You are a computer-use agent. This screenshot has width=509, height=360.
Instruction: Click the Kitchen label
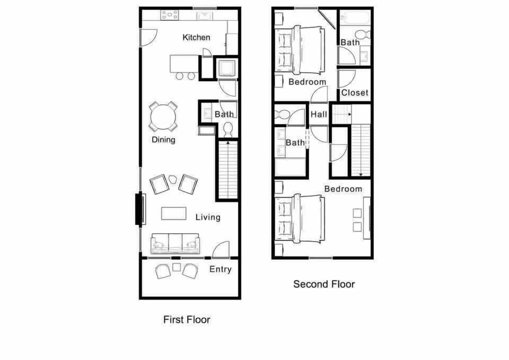[196, 38]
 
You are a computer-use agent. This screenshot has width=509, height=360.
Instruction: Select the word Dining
[163, 140]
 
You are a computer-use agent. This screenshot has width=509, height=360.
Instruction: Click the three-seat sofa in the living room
[175, 243]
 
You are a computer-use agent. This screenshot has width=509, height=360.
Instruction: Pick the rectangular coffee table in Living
[174, 213]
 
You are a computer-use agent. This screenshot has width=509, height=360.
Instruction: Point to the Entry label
[220, 269]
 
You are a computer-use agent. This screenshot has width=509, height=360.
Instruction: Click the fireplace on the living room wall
[142, 209]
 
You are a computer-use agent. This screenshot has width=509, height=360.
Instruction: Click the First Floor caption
[186, 320]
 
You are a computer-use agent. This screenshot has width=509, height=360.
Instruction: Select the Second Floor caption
[324, 284]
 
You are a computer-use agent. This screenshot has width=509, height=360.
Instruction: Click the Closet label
[355, 93]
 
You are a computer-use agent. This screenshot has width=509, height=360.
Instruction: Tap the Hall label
[319, 114]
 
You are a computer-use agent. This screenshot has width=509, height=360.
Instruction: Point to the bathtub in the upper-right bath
[355, 18]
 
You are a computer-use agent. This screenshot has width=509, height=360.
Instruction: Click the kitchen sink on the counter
[205, 15]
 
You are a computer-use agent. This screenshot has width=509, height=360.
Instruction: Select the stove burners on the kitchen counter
[170, 15]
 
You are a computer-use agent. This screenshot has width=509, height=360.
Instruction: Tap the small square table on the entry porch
[177, 267]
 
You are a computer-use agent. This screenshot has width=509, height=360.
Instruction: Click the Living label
[208, 217]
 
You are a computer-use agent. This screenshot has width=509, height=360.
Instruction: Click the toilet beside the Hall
[282, 114]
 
